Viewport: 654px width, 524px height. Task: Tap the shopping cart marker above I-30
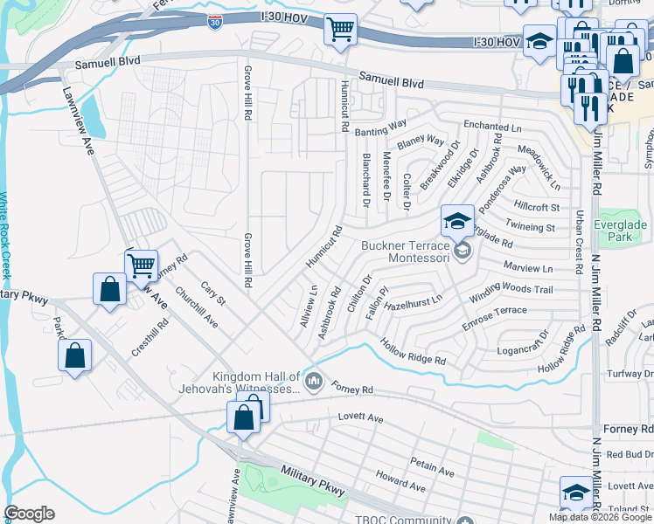point(340,30)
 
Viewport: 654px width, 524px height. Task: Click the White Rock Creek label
point(6,235)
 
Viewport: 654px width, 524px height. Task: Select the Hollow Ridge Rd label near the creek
point(414,353)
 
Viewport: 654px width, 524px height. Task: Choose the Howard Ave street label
point(400,480)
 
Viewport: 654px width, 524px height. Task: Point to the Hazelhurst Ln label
point(414,299)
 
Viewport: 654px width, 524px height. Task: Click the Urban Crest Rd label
point(579,240)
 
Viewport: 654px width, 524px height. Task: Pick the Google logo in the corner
point(30,514)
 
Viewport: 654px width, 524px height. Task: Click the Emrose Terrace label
point(495,311)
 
